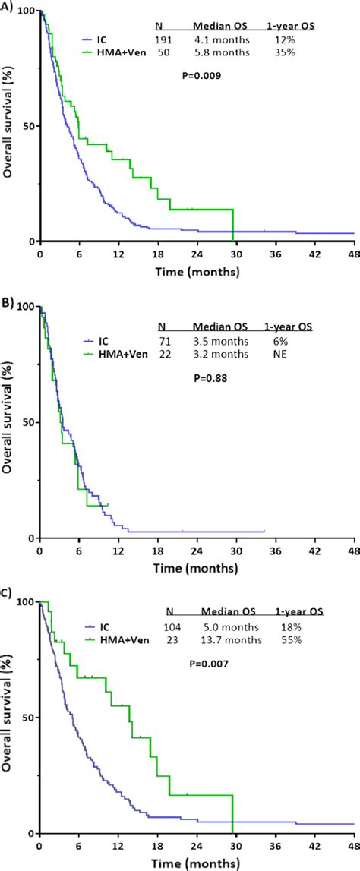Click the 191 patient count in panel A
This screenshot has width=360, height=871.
pos(164,39)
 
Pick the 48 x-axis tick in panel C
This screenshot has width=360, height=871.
pos(352,845)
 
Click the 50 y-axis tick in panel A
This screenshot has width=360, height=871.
pos(26,126)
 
